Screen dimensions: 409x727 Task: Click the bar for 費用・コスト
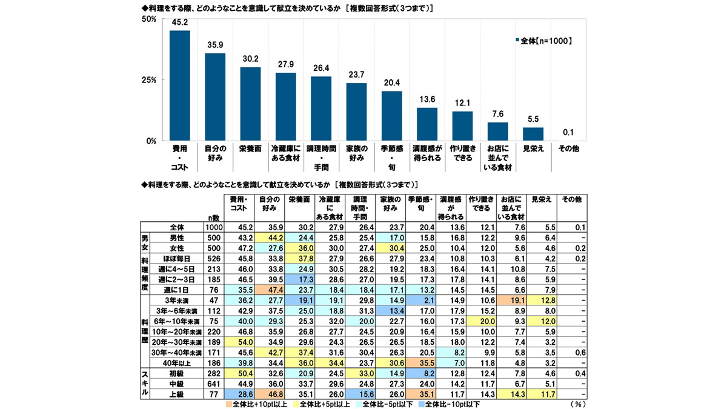[179, 85]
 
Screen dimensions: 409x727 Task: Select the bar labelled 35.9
[215, 97]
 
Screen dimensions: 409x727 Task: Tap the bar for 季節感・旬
[391, 116]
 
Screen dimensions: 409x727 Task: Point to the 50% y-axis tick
[148, 19]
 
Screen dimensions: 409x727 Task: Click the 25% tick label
[148, 80]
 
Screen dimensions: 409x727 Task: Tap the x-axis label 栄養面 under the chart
[250, 148]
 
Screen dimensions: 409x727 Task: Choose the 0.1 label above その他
[568, 133]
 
